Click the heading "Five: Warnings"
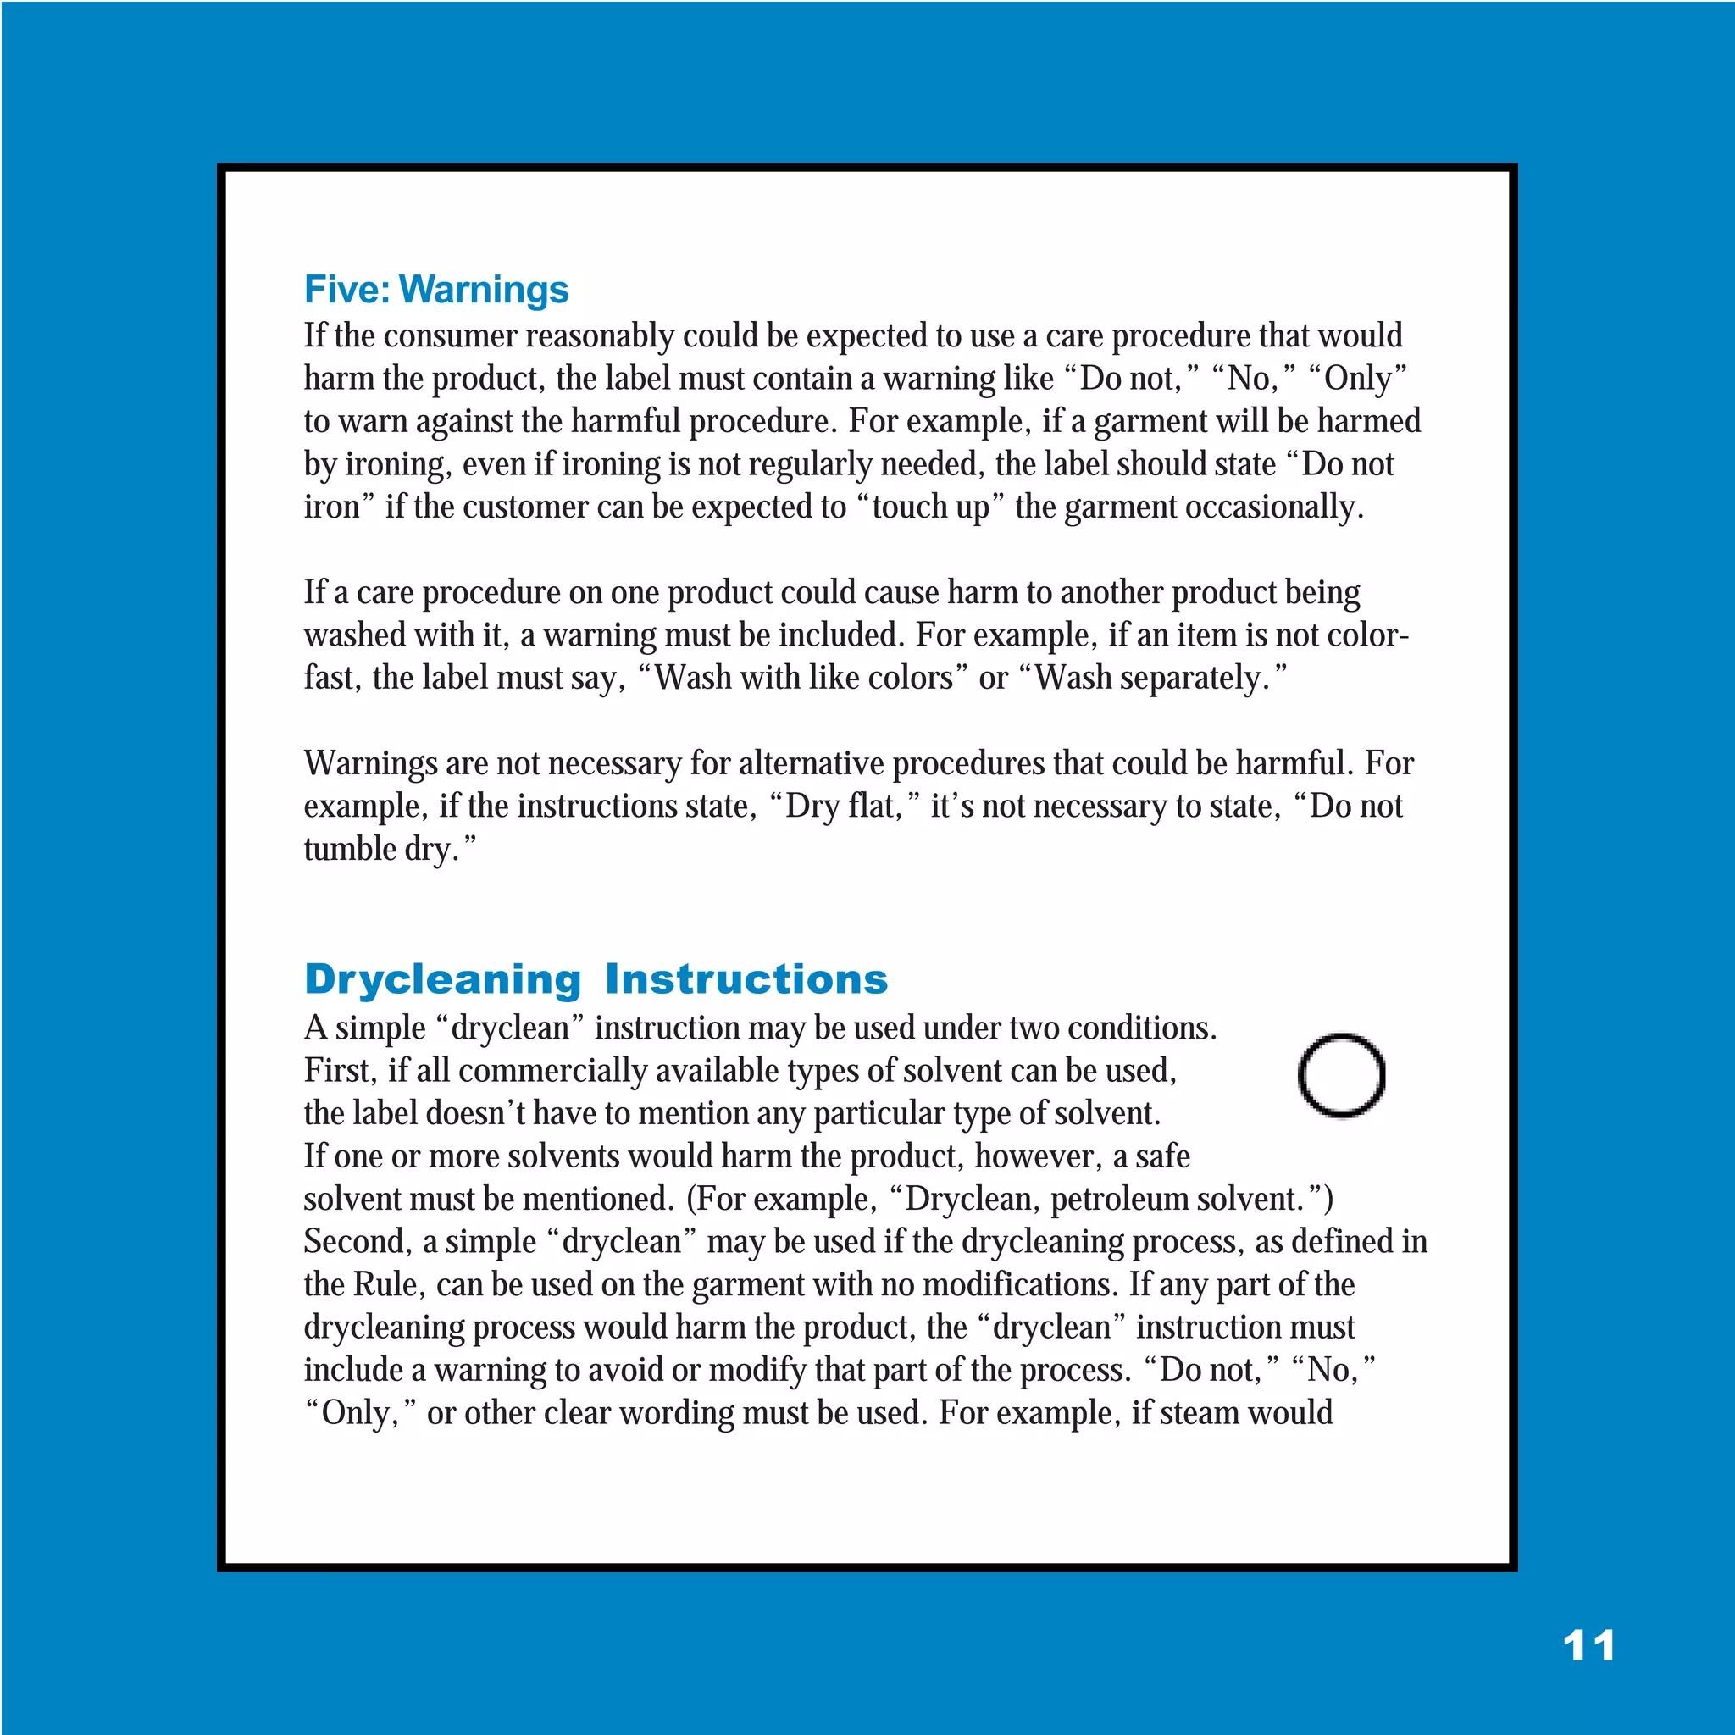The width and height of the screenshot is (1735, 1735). click(436, 289)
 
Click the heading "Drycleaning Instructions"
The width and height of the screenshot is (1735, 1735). click(596, 978)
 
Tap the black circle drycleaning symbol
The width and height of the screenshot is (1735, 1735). click(1342, 1075)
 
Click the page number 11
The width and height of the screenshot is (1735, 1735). click(1588, 1645)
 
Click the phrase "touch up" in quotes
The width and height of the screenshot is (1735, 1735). click(930, 507)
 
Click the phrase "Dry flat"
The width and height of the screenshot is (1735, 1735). click(842, 807)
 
